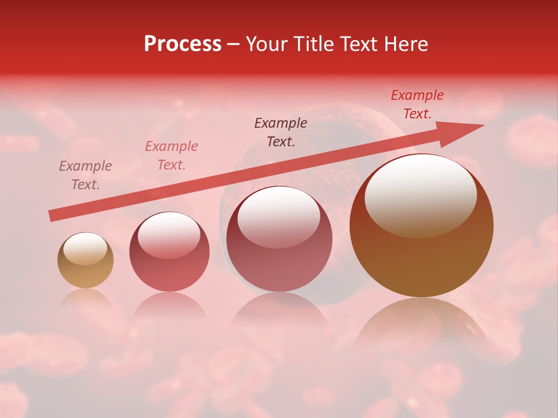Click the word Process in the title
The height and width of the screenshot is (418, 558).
click(183, 44)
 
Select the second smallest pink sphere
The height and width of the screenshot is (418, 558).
click(169, 252)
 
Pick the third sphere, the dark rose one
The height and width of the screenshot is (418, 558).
click(279, 239)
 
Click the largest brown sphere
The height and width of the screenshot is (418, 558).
click(421, 226)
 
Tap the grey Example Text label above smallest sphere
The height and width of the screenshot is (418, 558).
click(85, 175)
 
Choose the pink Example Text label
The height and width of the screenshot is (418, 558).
click(171, 156)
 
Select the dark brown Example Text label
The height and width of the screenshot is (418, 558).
click(281, 132)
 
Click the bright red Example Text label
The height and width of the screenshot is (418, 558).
click(417, 105)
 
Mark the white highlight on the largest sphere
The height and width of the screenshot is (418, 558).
click(420, 195)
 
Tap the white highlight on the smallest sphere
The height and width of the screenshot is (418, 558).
click(85, 249)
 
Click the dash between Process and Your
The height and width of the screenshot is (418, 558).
click(234, 45)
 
